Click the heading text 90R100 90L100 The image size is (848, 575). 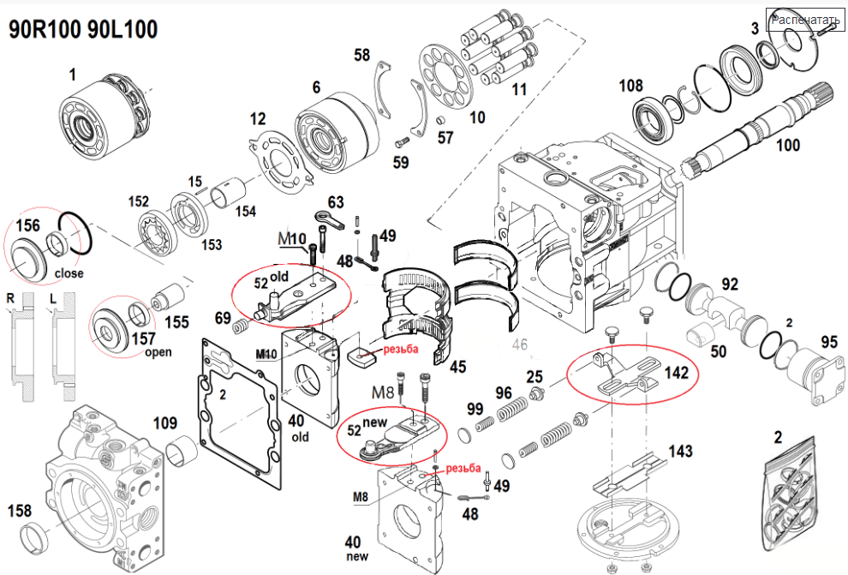83,29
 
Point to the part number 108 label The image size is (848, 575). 630,86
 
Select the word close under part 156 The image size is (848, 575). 69,274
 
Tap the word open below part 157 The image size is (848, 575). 134,352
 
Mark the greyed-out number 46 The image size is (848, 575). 520,345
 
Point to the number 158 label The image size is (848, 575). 20,512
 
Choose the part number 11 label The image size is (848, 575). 519,88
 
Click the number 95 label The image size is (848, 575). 828,342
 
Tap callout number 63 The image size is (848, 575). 336,202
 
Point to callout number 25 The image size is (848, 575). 534,376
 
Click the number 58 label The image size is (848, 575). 362,56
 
